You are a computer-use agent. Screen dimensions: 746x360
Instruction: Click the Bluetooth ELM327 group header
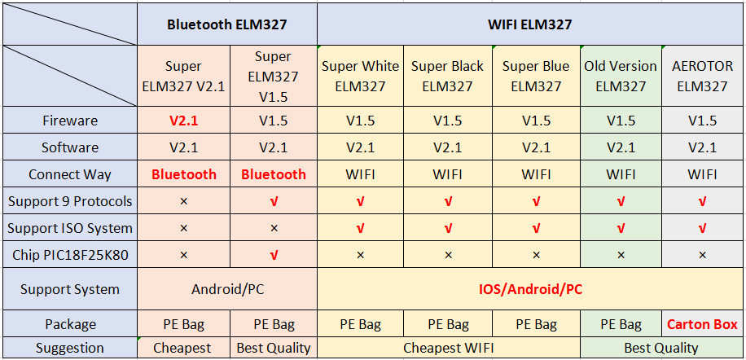[227, 24]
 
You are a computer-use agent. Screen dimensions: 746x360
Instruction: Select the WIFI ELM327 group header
[529, 24]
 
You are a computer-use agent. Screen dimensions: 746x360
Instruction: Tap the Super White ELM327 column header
[360, 76]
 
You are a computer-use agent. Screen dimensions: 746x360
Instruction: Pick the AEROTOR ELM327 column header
[702, 76]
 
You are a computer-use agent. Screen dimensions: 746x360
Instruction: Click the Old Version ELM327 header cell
[621, 76]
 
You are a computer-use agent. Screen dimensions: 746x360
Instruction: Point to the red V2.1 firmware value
[183, 121]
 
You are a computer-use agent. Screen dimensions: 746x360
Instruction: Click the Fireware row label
[69, 121]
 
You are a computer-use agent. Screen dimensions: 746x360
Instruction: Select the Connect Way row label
[69, 174]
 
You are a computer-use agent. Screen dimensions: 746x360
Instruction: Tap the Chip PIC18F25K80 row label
[69, 256]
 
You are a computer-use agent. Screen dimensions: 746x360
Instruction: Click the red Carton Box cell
[702, 324]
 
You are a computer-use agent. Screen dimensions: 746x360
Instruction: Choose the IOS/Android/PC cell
[529, 289]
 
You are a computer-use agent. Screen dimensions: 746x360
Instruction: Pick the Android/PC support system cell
[227, 289]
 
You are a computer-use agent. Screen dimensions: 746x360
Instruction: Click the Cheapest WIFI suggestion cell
[448, 348]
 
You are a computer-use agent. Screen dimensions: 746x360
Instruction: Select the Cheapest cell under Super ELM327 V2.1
[183, 348]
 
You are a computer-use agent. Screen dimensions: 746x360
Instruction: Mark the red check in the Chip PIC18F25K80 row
[274, 256]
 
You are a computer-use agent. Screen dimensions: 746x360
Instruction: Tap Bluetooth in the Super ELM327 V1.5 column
[274, 174]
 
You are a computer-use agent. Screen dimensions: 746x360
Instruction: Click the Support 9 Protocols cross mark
[183, 202]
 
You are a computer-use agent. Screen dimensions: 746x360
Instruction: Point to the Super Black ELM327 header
[448, 76]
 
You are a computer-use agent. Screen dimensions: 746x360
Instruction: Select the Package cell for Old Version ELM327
[621, 324]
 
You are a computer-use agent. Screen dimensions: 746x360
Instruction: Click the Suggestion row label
[69, 348]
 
